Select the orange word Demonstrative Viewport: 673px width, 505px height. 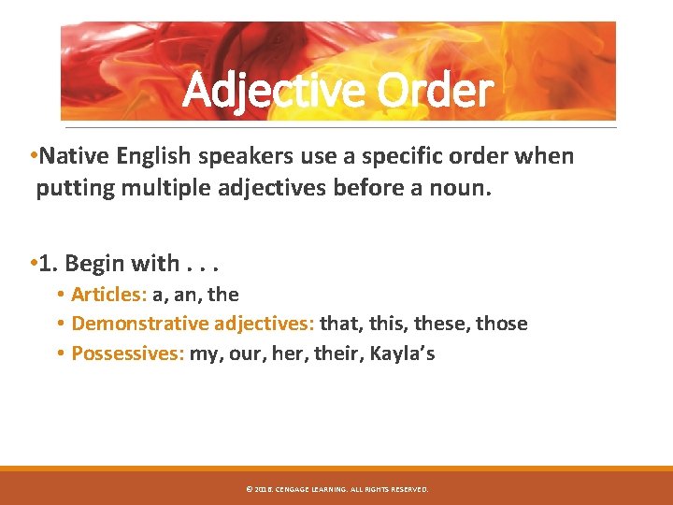click(x=140, y=324)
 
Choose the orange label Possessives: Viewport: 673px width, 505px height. click(x=128, y=353)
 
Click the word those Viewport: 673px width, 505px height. click(x=502, y=324)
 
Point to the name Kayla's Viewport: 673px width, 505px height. click(x=402, y=353)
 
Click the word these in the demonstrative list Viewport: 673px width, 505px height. click(x=439, y=324)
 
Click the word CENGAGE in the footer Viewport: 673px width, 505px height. click(x=294, y=489)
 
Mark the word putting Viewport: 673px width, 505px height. click(x=71, y=189)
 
